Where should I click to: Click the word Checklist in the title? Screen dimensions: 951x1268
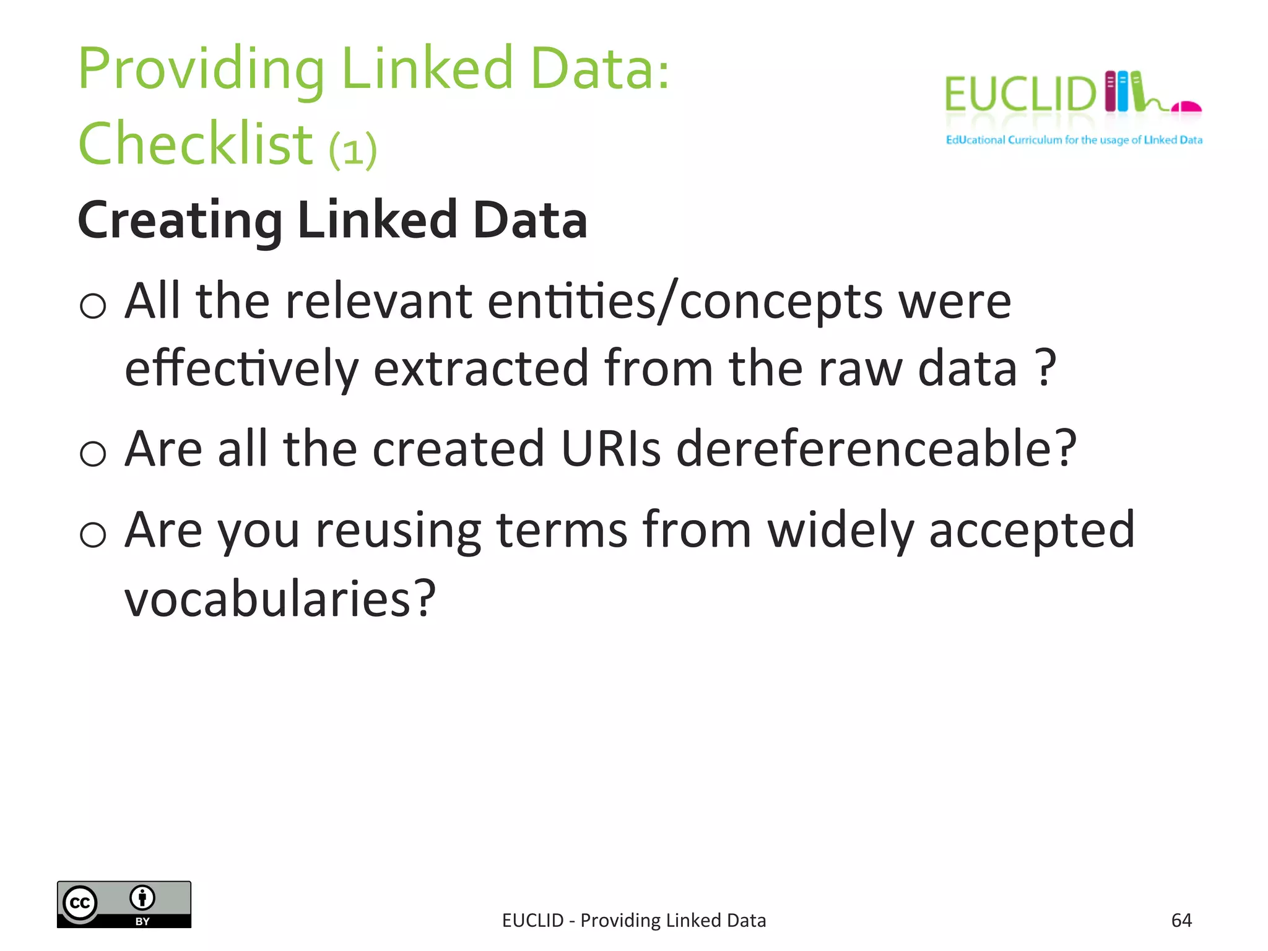coord(196,144)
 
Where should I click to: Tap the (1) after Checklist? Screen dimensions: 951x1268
coord(353,150)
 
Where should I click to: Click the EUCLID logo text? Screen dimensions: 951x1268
coord(1020,95)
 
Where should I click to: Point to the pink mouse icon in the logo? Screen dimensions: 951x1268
coord(1186,108)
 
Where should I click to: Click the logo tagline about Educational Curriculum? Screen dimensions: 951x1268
coord(1074,140)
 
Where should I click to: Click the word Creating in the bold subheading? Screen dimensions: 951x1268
coord(180,220)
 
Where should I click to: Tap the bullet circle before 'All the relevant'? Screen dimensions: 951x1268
coord(93,305)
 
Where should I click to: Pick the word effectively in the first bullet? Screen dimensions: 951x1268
coord(241,368)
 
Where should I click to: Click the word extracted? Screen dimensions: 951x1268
coord(480,368)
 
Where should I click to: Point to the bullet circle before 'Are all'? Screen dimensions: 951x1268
coord(93,453)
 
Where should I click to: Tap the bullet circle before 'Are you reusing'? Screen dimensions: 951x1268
coord(93,534)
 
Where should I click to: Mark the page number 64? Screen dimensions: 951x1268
coord(1181,921)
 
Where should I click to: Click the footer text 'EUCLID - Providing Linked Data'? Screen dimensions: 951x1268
coord(634,921)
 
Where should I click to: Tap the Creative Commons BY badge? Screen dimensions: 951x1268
coord(124,904)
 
